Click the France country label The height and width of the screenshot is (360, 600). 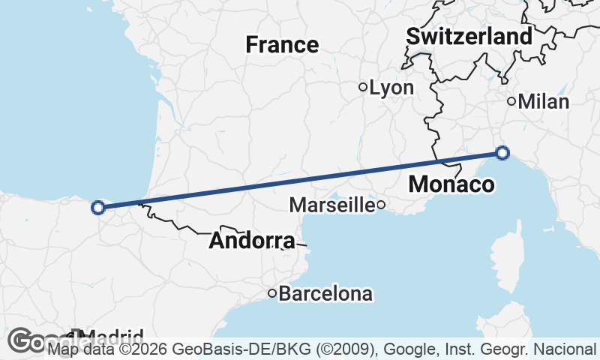point(282,45)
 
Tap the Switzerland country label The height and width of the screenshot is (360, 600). point(469,36)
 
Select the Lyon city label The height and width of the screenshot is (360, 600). point(392,88)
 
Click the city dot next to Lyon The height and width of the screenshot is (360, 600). point(363,87)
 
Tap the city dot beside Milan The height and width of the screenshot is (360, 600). point(511,101)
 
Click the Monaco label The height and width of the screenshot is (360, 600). point(452,184)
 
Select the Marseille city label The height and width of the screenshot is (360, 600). point(331,204)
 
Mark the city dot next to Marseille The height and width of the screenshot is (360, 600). point(381,204)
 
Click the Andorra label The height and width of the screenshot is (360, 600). point(252,241)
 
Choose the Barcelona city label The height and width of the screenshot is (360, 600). point(325,293)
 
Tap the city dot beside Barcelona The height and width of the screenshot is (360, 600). point(273,293)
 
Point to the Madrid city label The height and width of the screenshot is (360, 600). point(112,336)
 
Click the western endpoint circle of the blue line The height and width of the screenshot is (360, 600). point(97,208)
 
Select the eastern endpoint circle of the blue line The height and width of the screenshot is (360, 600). point(502,153)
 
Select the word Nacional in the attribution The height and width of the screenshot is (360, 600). point(565,349)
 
